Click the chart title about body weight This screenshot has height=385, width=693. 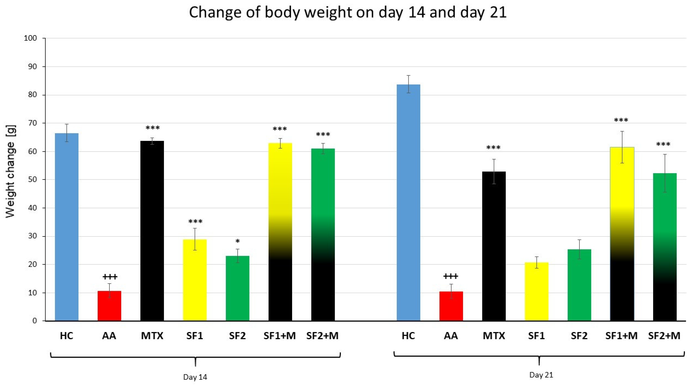coord(348,12)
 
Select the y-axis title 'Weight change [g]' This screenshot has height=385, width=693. coord(11,171)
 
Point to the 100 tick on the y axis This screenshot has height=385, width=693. coord(30,38)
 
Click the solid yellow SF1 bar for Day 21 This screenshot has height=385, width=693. coord(536,291)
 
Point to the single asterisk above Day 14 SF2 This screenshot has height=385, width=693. coord(237,241)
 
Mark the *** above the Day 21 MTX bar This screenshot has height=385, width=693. coord(493,148)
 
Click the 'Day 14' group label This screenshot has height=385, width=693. coord(195,377)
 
